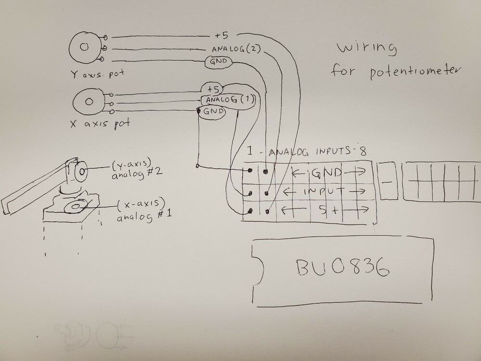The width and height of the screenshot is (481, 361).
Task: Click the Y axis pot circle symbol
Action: (85, 47)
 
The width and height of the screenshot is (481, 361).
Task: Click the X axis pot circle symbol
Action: (89, 102)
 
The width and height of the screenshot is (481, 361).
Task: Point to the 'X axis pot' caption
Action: (100, 124)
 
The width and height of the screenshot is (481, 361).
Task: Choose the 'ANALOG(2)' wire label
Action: (235, 49)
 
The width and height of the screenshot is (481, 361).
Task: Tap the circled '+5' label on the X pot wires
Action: (213, 90)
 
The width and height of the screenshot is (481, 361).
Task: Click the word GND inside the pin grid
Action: (327, 172)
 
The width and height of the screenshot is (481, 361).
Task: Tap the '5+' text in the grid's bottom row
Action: (329, 210)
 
